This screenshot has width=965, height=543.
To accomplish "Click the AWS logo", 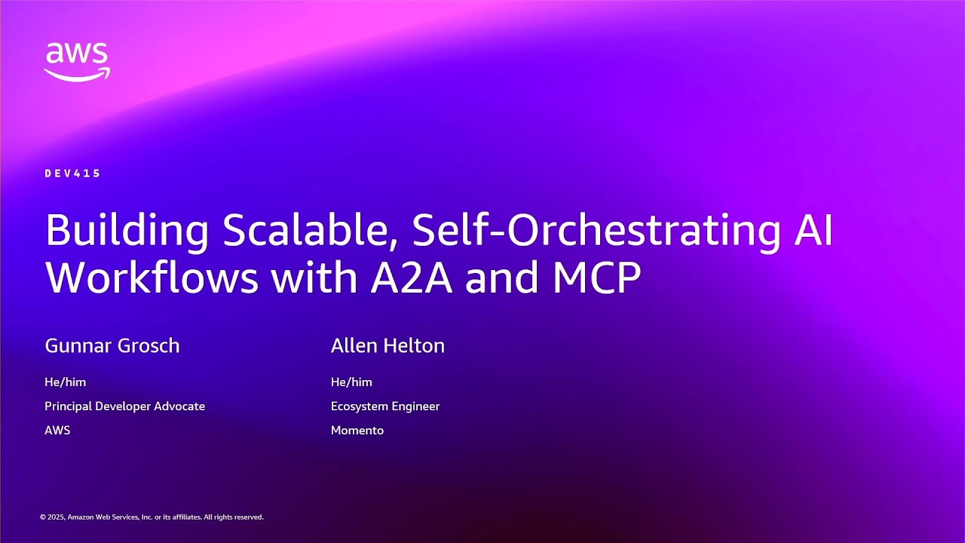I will pyautogui.click(x=77, y=61).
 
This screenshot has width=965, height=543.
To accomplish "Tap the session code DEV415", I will pyautogui.click(x=72, y=173).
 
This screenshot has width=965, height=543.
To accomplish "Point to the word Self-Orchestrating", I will pyautogui.click(x=596, y=230).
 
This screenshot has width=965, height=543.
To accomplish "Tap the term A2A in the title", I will pyautogui.click(x=412, y=278).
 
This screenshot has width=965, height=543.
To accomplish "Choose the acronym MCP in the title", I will pyautogui.click(x=596, y=278).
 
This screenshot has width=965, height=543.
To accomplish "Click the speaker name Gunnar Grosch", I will pyautogui.click(x=112, y=346).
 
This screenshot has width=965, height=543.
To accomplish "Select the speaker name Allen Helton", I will pyautogui.click(x=388, y=346).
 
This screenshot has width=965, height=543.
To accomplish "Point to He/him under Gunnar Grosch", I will pyautogui.click(x=66, y=382).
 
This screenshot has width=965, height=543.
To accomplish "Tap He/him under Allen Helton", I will pyautogui.click(x=351, y=382).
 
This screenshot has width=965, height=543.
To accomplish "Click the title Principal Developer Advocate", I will pyautogui.click(x=124, y=406).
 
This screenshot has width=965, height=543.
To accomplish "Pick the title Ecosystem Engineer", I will pyautogui.click(x=385, y=406).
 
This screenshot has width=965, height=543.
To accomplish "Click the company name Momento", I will pyautogui.click(x=357, y=431).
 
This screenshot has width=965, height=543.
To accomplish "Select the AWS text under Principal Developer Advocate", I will pyautogui.click(x=57, y=431).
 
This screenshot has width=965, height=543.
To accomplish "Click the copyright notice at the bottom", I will pyautogui.click(x=152, y=517).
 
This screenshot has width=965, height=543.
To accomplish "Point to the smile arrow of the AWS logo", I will pyautogui.click(x=77, y=74).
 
